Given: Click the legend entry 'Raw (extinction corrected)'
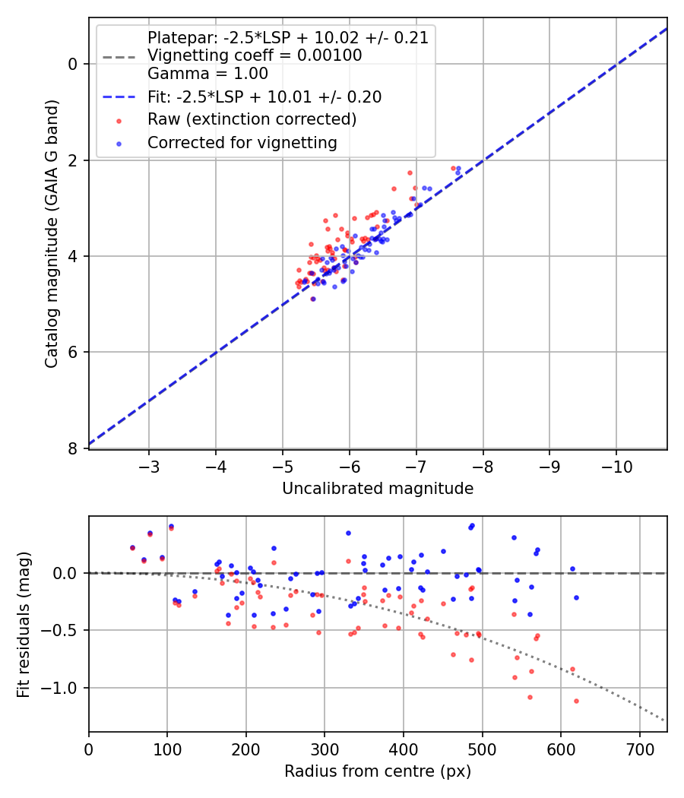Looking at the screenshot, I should (252, 119).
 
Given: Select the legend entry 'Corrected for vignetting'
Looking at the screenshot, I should (242, 142).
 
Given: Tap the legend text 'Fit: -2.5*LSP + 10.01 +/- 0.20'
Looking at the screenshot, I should (264, 97).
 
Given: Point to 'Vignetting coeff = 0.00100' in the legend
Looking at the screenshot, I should (255, 55).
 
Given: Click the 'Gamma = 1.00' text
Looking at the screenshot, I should (207, 74).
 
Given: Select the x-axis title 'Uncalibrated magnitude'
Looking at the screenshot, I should (378, 489).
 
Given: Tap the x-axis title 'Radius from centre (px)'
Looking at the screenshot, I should (378, 771).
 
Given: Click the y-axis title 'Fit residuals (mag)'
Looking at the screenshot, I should (24, 624).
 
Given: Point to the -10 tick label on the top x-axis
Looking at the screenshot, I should (616, 465).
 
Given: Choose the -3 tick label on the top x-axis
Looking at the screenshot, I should (149, 465).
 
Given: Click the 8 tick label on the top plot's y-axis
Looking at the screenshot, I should (73, 448).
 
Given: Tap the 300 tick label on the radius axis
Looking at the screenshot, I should (325, 748).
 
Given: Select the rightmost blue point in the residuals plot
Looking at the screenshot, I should (576, 597).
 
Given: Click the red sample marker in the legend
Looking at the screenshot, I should (118, 120).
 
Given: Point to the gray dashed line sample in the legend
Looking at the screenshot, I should (118, 56).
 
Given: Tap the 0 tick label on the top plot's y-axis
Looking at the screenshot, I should (73, 64).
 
